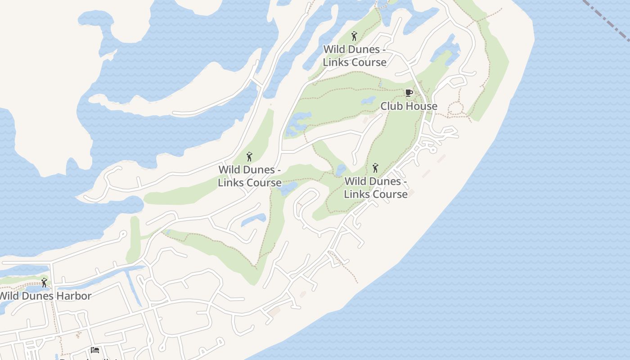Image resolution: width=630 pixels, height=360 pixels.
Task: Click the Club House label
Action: (x=409, y=106)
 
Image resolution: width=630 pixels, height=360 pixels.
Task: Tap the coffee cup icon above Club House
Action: (x=409, y=93)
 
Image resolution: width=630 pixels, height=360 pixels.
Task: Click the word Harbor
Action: (x=71, y=296)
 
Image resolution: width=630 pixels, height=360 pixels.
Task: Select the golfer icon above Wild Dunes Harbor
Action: (x=44, y=283)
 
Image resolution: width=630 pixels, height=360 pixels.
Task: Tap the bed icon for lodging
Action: (x=94, y=350)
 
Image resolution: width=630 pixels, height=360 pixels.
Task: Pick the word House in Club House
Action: (x=422, y=106)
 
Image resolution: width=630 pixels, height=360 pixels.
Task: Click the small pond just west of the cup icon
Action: (x=368, y=100)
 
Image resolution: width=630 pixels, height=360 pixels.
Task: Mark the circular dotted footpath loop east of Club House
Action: (x=455, y=108)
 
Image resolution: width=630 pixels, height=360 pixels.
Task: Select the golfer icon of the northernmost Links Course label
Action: (x=354, y=36)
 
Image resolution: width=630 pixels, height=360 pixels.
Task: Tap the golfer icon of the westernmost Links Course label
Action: (x=249, y=157)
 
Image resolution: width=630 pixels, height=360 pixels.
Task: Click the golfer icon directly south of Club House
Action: (x=375, y=168)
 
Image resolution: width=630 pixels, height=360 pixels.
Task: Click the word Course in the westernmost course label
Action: (x=262, y=183)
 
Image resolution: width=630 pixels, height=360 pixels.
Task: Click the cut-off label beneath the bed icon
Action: (x=90, y=358)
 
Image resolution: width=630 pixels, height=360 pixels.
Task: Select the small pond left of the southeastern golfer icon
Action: (x=341, y=170)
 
